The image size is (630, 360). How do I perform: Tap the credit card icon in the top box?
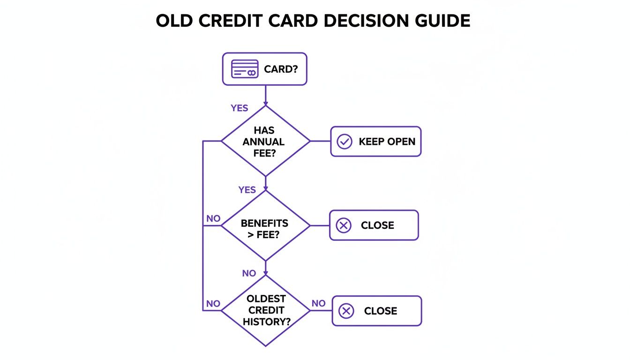point(245,69)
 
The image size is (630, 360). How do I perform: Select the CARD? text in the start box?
point(281,69)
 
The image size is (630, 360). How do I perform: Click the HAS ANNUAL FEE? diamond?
point(265,141)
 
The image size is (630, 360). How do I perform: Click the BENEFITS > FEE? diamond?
point(265,229)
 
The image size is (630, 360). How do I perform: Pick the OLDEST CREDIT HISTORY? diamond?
point(265,310)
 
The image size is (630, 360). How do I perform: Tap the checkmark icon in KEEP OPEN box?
point(345,142)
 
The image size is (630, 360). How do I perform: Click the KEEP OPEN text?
point(387,142)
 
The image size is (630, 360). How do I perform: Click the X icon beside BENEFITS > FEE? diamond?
point(344,225)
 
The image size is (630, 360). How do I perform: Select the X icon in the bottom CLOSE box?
point(346,311)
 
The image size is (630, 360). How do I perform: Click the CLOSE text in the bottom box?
point(380,311)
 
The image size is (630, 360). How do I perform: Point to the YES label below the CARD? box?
point(239,108)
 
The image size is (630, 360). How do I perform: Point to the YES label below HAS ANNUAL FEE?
point(247,190)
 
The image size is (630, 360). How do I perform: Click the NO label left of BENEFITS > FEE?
point(213,218)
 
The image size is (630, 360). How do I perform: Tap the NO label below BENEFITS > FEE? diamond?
point(249,273)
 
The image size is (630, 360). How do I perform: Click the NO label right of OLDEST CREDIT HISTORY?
point(318,303)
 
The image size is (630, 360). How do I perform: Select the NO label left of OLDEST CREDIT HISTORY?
point(213,304)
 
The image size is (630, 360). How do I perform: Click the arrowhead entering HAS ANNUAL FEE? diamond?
point(265,103)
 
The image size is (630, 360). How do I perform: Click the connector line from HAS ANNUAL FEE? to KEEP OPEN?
point(320,141)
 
